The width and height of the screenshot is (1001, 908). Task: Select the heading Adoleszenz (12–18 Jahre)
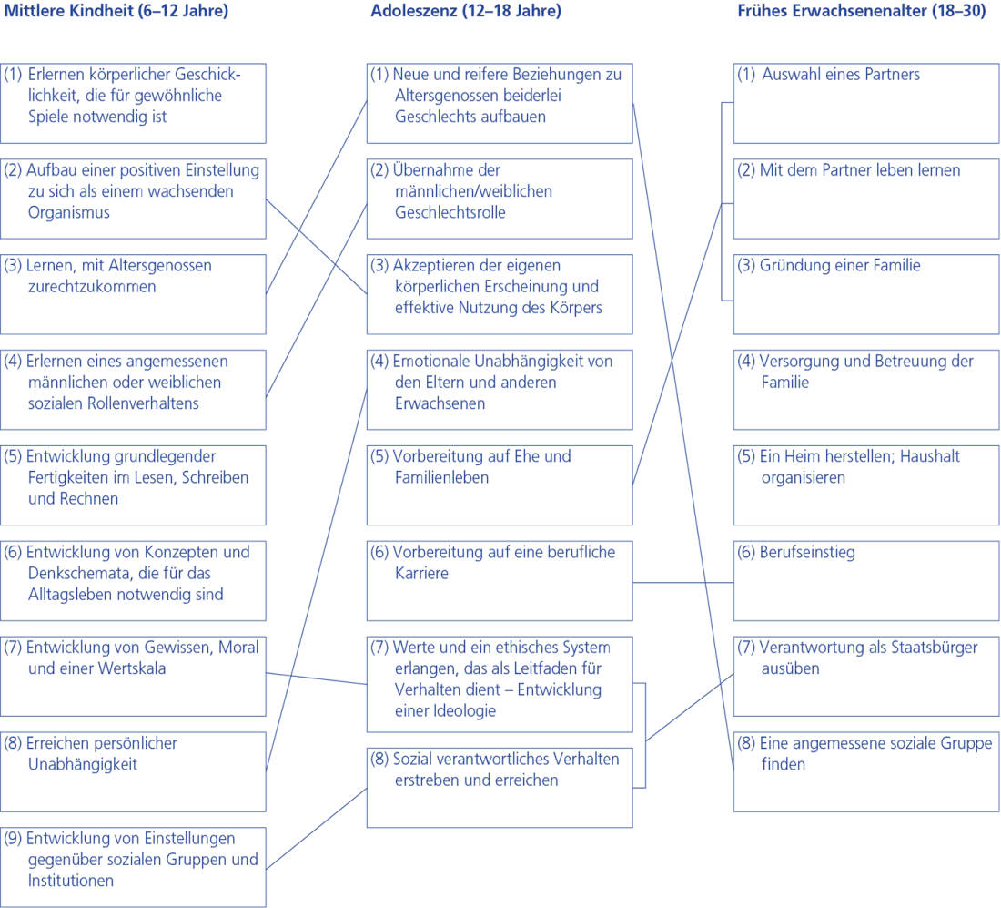pos(466,12)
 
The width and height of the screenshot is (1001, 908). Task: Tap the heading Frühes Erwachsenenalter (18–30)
pos(861,12)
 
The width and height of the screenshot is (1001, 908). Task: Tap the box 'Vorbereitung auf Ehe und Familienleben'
pos(500,485)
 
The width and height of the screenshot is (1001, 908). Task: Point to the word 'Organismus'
pos(68,212)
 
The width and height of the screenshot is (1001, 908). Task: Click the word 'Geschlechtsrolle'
pos(450,212)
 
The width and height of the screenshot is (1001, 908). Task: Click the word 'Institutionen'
pos(71,881)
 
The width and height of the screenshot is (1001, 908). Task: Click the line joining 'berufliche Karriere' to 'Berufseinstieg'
pos(682,582)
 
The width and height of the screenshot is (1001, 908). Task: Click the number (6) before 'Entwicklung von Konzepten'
pos(14,552)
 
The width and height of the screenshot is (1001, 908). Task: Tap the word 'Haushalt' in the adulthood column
pos(929,456)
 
